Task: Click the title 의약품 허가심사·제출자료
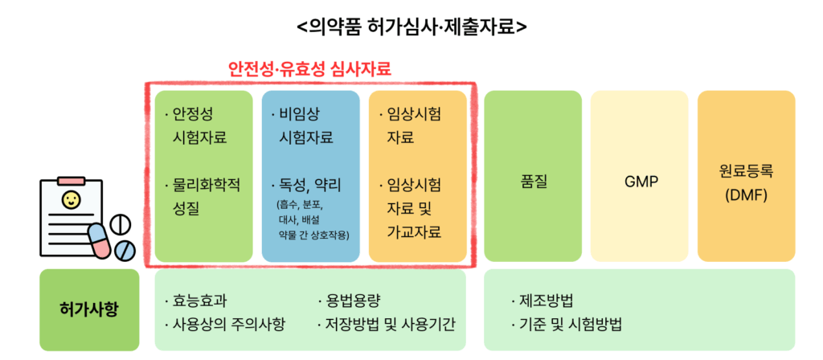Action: tap(411, 26)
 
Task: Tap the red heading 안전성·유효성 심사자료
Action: tap(310, 69)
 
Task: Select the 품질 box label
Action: tap(532, 182)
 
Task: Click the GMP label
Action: tap(639, 182)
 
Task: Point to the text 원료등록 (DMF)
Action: tap(746, 183)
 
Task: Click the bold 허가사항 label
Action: tap(89, 309)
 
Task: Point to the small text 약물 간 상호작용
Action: tap(314, 233)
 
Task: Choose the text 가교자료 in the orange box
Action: tap(414, 233)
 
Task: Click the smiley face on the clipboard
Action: tap(69, 199)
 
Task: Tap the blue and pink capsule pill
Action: tap(99, 240)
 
